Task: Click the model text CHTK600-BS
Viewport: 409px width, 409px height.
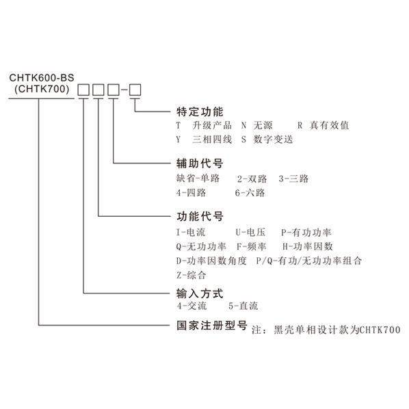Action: point(42,78)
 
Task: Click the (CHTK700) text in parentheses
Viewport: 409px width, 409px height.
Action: point(42,89)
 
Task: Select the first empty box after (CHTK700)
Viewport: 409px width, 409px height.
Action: point(83,90)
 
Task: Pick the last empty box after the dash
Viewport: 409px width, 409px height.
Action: point(135,90)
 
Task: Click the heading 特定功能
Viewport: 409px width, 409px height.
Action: point(200,112)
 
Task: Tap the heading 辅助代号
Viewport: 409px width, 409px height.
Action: point(200,163)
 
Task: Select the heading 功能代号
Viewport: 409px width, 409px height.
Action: point(200,216)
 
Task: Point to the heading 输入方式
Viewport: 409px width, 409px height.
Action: point(200,293)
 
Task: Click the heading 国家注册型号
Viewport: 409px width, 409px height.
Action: point(211,326)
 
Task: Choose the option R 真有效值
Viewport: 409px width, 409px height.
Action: point(324,125)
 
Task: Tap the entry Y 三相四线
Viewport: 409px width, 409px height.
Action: point(204,140)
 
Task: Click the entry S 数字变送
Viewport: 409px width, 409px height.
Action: point(267,140)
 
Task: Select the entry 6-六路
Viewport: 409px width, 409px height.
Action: point(250,193)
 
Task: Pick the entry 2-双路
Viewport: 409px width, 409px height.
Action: point(252,179)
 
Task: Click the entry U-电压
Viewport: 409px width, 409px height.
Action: point(251,232)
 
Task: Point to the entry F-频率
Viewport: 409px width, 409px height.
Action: point(252,246)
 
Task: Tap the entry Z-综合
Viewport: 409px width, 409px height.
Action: point(192,275)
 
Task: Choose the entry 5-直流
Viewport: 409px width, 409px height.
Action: point(243,306)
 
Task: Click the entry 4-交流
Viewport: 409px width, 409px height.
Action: point(192,306)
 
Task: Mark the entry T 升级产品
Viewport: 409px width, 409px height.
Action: point(204,125)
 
